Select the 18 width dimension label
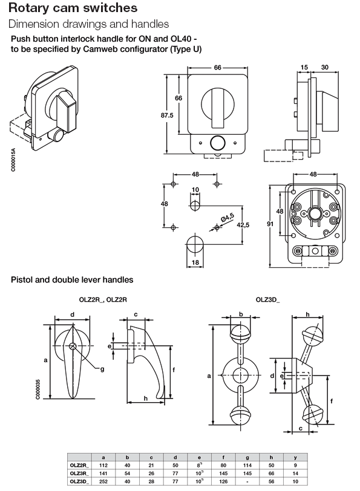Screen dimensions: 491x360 (195, 262)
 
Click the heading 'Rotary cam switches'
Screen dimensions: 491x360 (73, 8)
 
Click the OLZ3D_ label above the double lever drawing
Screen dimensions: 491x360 (268, 299)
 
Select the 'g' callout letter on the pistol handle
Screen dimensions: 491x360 (102, 368)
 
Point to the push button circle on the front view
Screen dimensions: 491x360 (216, 143)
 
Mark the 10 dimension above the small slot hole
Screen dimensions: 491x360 (195, 190)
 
